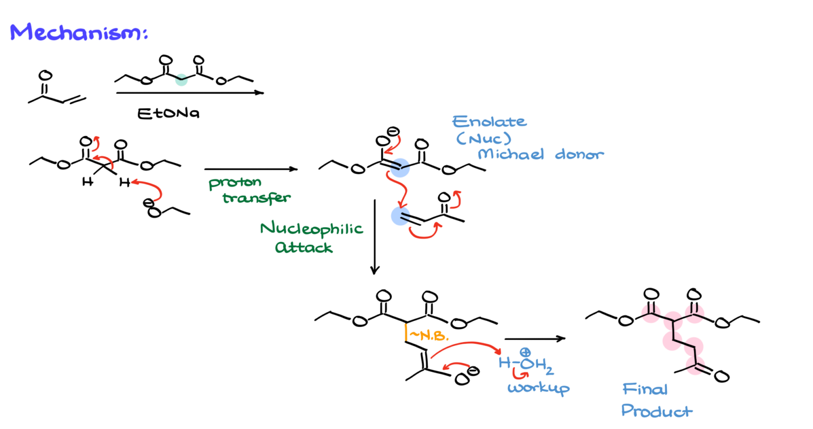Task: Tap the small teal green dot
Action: [182, 80]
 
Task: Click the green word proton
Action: [235, 184]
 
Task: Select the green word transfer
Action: [257, 199]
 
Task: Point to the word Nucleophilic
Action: [311, 229]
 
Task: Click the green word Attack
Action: [304, 247]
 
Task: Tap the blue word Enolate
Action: [489, 121]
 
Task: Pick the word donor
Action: [579, 155]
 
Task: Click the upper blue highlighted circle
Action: [400, 168]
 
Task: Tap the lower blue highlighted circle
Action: [401, 216]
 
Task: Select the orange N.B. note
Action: [427, 335]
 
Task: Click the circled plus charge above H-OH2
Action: [525, 352]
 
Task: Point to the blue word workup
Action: [538, 388]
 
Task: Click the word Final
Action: [644, 390]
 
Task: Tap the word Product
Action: [657, 411]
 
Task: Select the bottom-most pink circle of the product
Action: [695, 365]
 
